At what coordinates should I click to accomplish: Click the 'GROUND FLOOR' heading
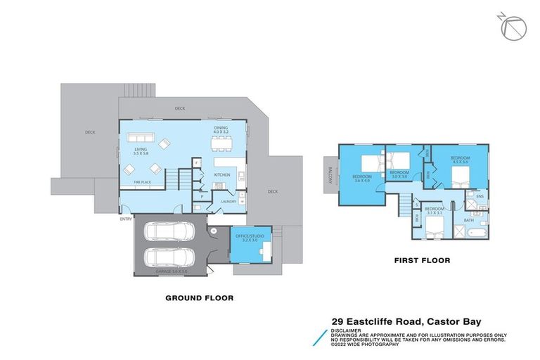click(x=199, y=298)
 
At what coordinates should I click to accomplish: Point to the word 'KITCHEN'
click(x=222, y=174)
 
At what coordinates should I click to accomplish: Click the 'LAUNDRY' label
click(x=228, y=202)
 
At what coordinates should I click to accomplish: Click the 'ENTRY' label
click(x=126, y=219)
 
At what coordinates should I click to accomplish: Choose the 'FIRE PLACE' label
click(x=142, y=182)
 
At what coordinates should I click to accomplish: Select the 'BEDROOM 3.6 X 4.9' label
click(x=361, y=178)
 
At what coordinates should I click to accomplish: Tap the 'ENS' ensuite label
click(x=480, y=197)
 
